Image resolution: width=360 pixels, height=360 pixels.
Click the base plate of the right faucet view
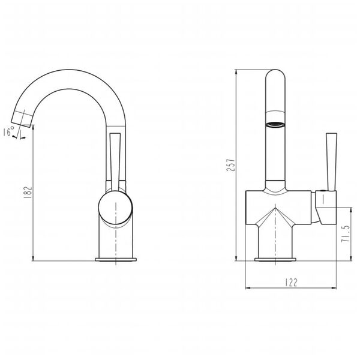[275, 259]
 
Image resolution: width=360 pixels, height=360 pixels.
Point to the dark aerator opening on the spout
[275, 125]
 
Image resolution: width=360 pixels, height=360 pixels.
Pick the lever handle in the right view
[329, 161]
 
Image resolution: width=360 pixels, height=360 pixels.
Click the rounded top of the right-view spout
[275, 75]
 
